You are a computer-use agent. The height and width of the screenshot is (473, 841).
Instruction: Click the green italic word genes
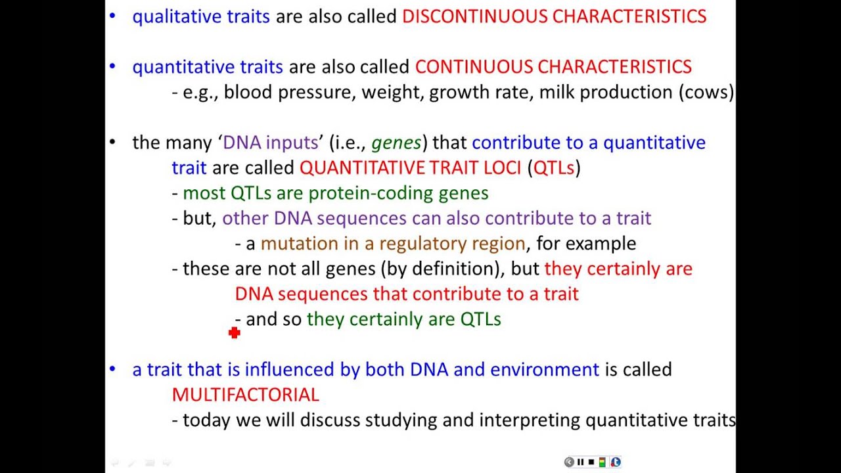coord(396,143)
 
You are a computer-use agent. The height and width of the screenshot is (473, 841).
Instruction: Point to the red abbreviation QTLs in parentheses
coord(554,168)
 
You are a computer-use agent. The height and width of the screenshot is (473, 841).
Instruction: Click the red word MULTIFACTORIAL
coord(245,395)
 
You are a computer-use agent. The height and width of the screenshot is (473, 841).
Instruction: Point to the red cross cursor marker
coord(235,333)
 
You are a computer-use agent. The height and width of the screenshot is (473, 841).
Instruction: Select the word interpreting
coord(530,420)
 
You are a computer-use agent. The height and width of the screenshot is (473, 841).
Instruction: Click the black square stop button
coord(591,462)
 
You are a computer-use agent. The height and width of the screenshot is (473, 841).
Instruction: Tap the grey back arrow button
coord(569,462)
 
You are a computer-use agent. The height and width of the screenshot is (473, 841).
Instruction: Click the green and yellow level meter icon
coord(602,462)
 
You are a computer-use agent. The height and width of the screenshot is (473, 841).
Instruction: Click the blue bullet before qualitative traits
coord(112,16)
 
